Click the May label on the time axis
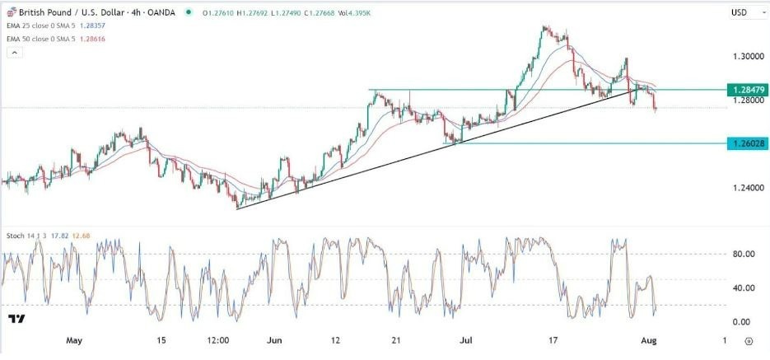click(x=74, y=340)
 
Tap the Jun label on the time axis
click(x=275, y=340)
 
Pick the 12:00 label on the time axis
click(x=218, y=340)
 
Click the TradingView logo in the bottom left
click(x=16, y=319)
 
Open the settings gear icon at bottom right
click(x=749, y=340)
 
